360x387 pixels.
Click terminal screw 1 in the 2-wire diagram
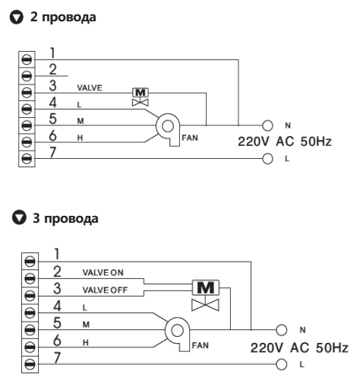pyautogui.click(x=27, y=59)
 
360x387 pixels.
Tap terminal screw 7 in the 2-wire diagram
pyautogui.click(x=27, y=159)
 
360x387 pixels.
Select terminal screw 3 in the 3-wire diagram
pyautogui.click(x=30, y=296)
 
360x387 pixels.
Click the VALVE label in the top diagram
pyautogui.click(x=90, y=88)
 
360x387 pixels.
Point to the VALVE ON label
pyautogui.click(x=103, y=272)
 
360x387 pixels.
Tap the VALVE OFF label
pyautogui.click(x=105, y=290)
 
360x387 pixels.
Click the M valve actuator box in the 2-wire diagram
pyautogui.click(x=141, y=93)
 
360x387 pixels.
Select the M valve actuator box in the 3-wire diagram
pyautogui.click(x=206, y=287)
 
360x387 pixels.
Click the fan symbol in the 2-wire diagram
pyautogui.click(x=168, y=129)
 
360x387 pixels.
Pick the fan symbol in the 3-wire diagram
pyautogui.click(x=177, y=334)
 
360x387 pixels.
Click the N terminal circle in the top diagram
pyautogui.click(x=267, y=125)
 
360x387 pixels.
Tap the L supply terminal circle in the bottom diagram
pyautogui.click(x=281, y=364)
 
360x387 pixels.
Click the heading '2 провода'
pyautogui.click(x=63, y=17)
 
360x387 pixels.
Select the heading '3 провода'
pyautogui.click(x=65, y=218)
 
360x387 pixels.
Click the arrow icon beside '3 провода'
pyautogui.click(x=19, y=217)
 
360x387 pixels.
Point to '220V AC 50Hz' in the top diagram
pyautogui.click(x=285, y=141)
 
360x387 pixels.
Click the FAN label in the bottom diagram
pyautogui.click(x=201, y=345)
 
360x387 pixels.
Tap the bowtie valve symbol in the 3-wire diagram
pyautogui.click(x=205, y=305)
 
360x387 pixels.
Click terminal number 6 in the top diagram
pyautogui.click(x=52, y=135)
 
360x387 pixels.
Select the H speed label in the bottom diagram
pyautogui.click(x=86, y=343)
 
